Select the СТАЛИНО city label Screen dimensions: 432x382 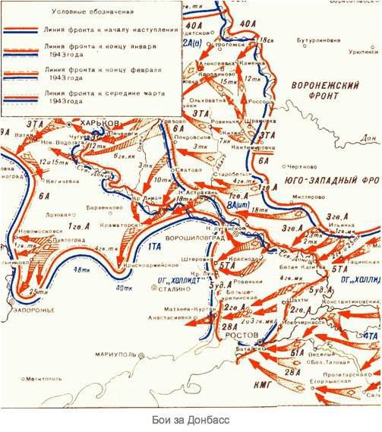pyautogui.click(x=164, y=288)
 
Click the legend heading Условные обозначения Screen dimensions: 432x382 pyautogui.click(x=95, y=12)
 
